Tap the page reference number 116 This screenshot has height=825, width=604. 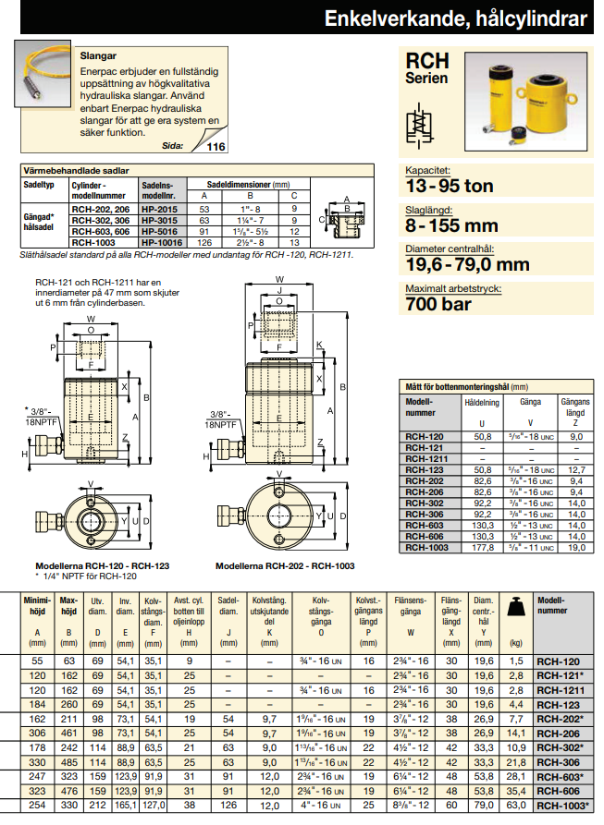[x=216, y=147]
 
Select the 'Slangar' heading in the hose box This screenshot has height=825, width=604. [x=99, y=55]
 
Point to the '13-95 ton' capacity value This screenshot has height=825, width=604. [x=450, y=186]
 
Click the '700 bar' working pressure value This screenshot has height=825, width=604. [x=438, y=302]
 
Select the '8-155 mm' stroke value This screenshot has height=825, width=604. [x=451, y=224]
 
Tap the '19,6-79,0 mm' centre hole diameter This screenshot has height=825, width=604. [x=467, y=264]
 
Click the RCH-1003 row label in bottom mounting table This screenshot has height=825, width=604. [x=426, y=548]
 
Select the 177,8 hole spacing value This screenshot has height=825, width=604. [x=482, y=548]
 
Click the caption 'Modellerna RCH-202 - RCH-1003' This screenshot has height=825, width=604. [x=285, y=566]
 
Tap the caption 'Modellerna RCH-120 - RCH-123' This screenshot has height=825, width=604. [x=88, y=566]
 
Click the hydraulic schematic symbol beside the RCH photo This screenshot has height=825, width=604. [x=421, y=123]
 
